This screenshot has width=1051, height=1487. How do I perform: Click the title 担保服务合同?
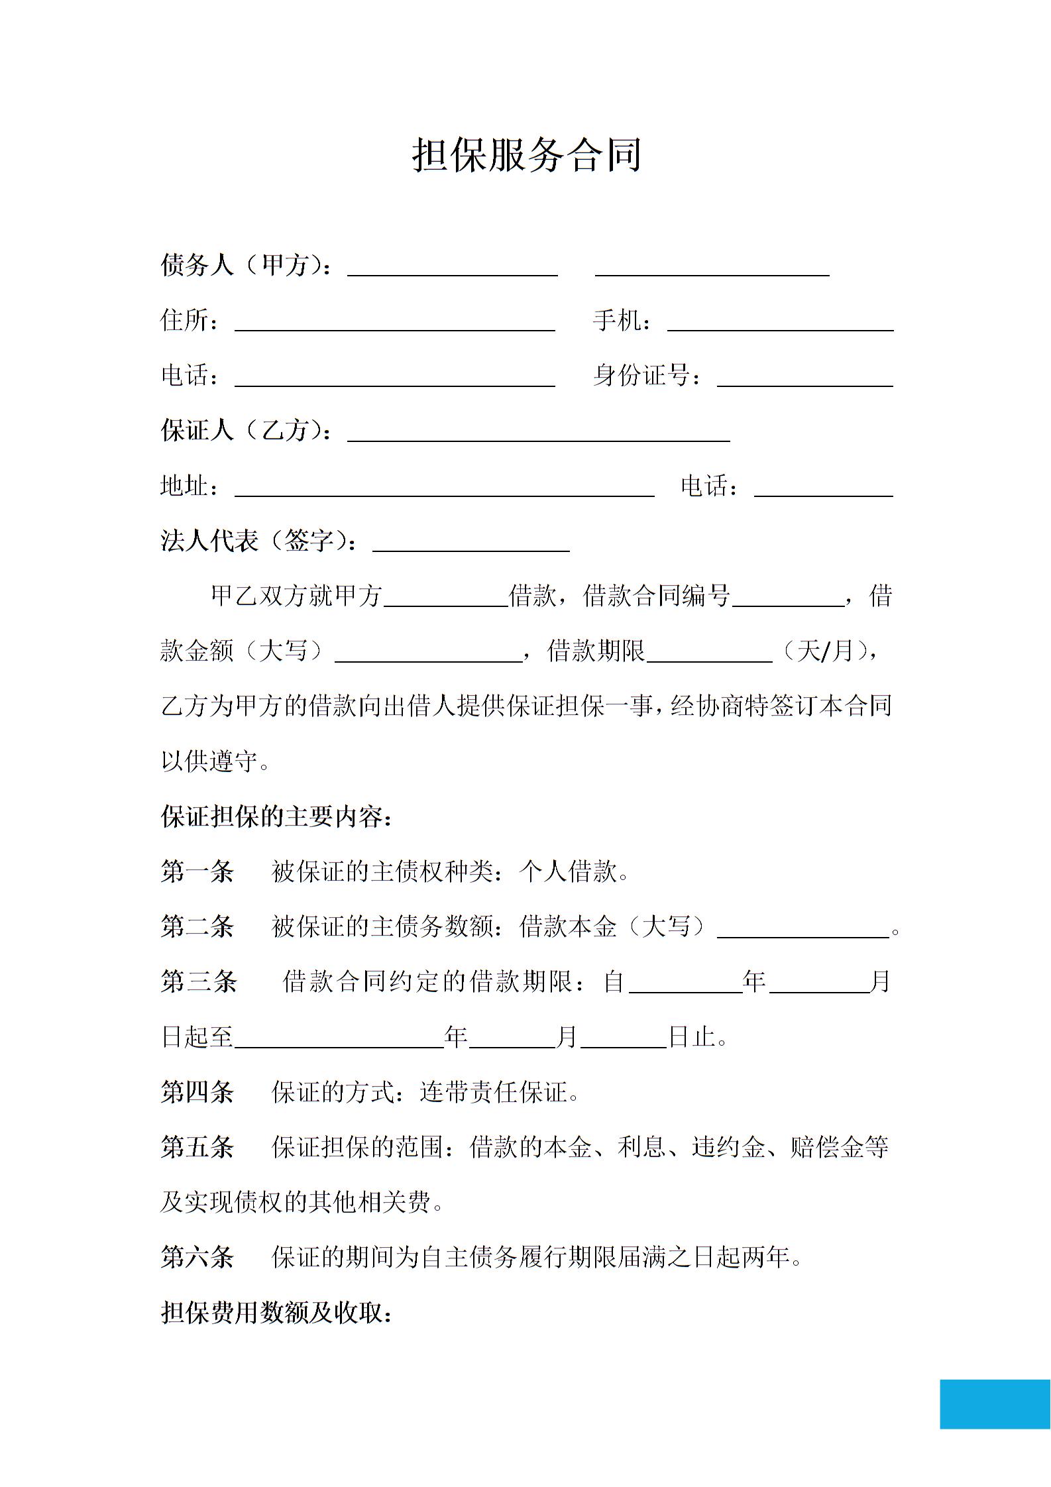(527, 156)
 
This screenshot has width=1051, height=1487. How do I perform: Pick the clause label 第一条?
(197, 871)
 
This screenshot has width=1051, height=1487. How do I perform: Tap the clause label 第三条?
(198, 981)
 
